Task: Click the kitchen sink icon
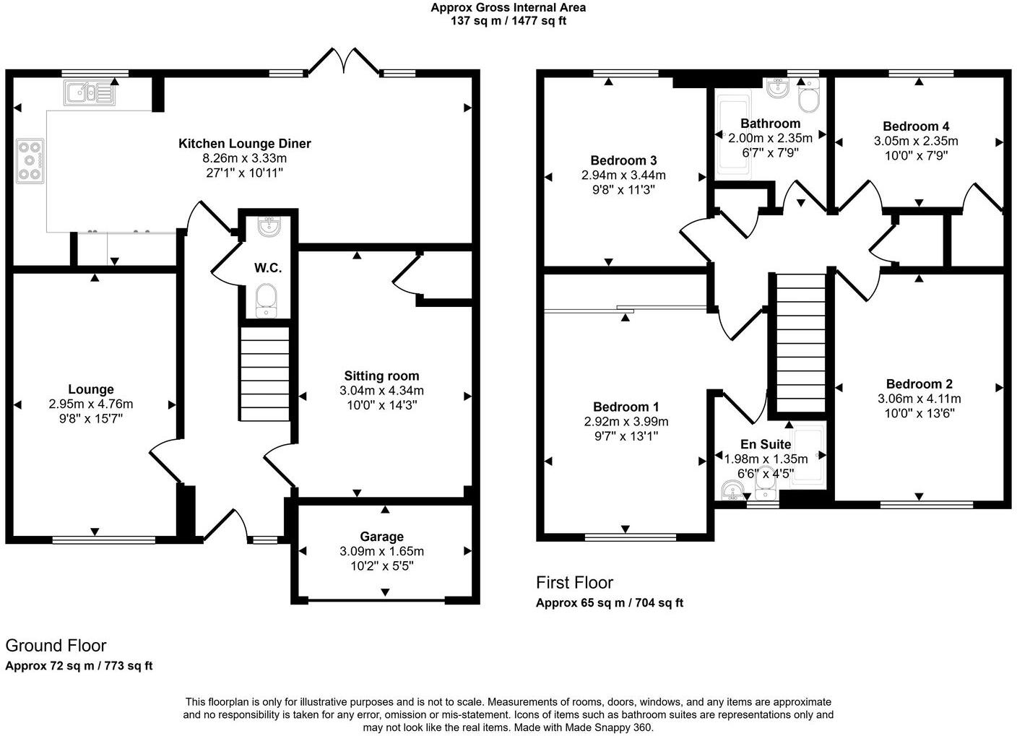(x=89, y=93)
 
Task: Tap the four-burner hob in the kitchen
(x=30, y=160)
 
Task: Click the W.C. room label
(x=267, y=268)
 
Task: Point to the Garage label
(x=381, y=537)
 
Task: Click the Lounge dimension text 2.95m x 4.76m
(x=91, y=404)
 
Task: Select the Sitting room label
(x=381, y=376)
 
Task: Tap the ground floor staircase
(x=265, y=373)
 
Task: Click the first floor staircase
(x=800, y=343)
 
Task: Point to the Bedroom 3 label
(x=623, y=160)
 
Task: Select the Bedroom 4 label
(x=916, y=126)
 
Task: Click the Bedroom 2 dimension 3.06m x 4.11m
(x=919, y=399)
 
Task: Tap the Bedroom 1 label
(x=626, y=407)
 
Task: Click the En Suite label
(x=766, y=444)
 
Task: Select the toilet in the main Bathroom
(x=810, y=98)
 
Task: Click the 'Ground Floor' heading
(x=56, y=646)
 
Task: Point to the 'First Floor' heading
(x=574, y=582)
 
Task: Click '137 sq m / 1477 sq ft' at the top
(x=508, y=21)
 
